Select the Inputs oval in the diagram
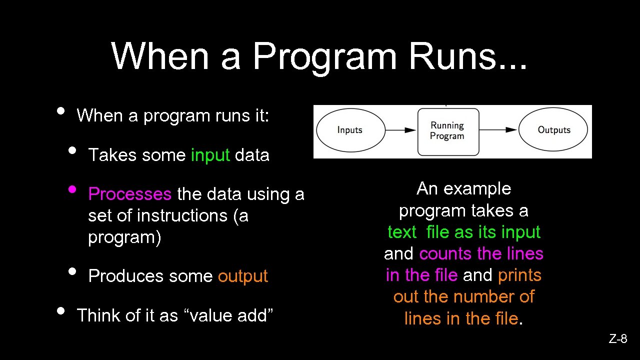pyautogui.click(x=349, y=130)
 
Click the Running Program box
pyautogui.click(x=447, y=131)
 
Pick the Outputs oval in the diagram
pyautogui.click(x=553, y=130)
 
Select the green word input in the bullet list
pyautogui.click(x=210, y=155)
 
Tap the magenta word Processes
pyautogui.click(x=129, y=194)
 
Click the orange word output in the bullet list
pyautogui.click(x=243, y=276)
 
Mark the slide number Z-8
pyautogui.click(x=618, y=339)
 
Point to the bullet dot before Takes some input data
pyautogui.click(x=72, y=150)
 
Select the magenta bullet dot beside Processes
pyautogui.click(x=72, y=189)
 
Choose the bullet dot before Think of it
pyautogui.click(x=60, y=310)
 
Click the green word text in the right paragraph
pyautogui.click(x=401, y=232)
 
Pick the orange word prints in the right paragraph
pyautogui.click(x=519, y=275)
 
